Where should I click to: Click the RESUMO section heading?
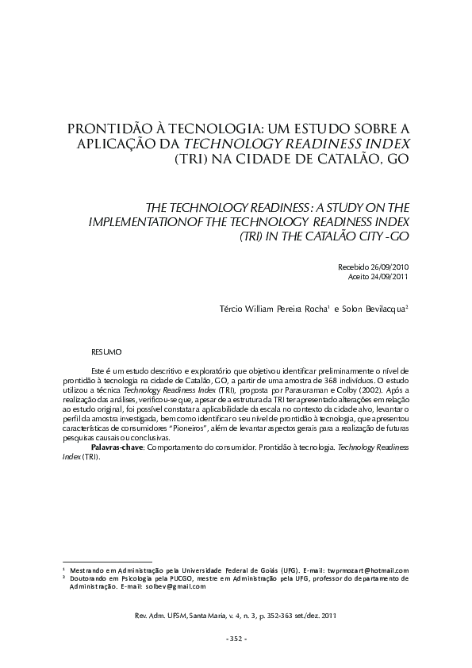106,350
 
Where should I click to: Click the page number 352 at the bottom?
236,639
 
